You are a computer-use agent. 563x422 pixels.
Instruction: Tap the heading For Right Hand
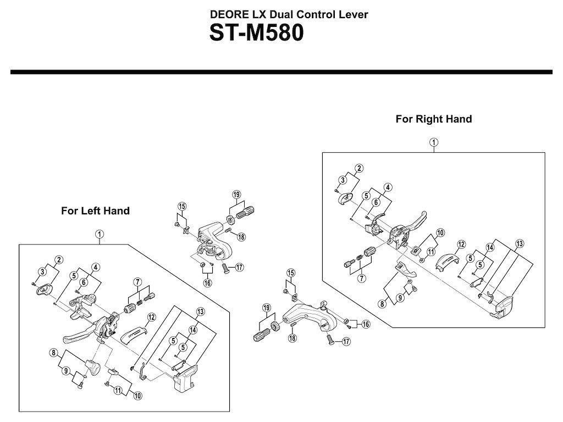(433, 119)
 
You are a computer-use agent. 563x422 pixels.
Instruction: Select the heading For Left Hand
(95, 210)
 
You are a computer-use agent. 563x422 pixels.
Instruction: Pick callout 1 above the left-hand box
(99, 234)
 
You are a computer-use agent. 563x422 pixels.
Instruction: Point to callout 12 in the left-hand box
(151, 317)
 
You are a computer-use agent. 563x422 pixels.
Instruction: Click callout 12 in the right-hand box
(461, 244)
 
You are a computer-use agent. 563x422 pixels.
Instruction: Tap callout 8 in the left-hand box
(53, 352)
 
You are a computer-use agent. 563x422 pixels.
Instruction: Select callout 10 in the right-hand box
(440, 232)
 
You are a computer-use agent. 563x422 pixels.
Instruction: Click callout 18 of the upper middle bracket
(241, 236)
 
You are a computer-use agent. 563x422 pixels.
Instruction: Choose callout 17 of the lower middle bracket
(346, 342)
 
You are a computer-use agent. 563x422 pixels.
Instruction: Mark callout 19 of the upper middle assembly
(236, 195)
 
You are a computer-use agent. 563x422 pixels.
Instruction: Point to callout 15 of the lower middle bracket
(291, 273)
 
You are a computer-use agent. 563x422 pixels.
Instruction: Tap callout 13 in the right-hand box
(520, 244)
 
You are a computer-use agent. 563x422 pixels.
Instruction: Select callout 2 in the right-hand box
(358, 168)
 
